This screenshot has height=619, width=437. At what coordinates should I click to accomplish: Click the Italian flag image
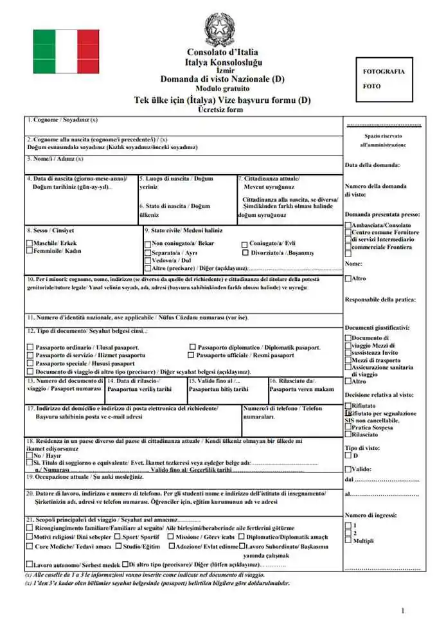66,51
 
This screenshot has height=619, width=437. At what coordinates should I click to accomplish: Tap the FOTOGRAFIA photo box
384,79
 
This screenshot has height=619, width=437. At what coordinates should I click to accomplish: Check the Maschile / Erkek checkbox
30,244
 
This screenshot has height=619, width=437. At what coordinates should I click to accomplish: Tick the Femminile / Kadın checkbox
30,251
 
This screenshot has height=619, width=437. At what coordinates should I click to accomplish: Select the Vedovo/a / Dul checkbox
148,261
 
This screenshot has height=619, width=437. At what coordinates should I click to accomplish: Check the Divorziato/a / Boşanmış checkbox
245,253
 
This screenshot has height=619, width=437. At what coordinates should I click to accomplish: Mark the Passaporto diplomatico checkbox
193,347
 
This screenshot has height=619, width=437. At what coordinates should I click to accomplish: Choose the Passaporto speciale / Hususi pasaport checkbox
30,363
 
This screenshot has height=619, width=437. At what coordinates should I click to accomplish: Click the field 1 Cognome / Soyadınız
183,124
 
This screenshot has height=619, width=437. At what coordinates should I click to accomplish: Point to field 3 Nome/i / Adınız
183,163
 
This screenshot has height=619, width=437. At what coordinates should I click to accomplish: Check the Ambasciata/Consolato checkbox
348,226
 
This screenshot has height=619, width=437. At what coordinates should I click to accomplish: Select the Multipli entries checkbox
348,541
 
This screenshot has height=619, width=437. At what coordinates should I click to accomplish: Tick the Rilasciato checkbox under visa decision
348,435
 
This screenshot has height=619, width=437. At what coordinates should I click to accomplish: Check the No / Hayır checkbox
30,454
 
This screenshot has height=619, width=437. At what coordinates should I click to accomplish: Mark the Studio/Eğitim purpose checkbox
119,546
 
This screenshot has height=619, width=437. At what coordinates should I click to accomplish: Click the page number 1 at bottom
403,610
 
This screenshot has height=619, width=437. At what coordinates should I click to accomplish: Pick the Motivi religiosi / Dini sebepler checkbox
30,537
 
